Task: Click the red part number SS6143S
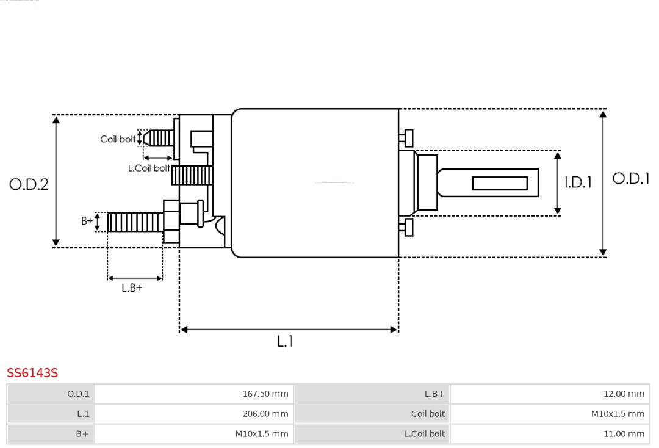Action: pos(32,372)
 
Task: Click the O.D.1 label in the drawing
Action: pos(631,178)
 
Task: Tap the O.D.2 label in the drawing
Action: pos(29,184)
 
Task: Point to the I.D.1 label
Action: pos(577,182)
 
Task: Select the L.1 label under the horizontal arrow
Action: pos(285,341)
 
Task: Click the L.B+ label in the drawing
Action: pos(132,287)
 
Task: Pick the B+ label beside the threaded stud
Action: pos(87,221)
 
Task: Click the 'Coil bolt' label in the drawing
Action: pos(118,139)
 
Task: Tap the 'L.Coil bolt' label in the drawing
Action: pos(149,168)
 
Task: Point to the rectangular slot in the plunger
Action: pos(500,183)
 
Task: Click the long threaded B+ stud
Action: pos(135,222)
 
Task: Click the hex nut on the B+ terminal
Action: pos(171,221)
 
